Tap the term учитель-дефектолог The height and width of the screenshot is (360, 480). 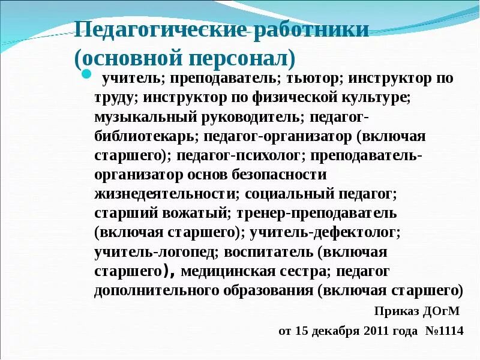[325, 232]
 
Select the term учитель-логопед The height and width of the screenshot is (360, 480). [141, 251]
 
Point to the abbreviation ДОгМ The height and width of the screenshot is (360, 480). [440, 311]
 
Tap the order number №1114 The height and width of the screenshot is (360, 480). [444, 331]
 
